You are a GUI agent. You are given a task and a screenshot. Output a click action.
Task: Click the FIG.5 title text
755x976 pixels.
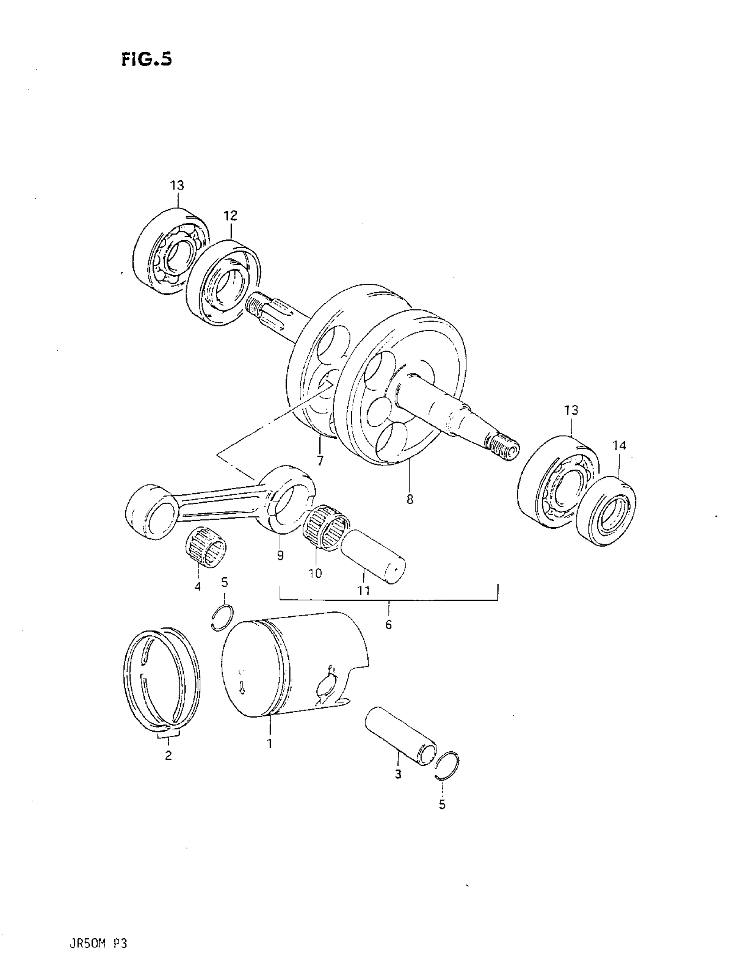pos(146,59)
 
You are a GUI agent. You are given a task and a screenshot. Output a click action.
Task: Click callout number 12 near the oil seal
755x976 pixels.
pos(230,216)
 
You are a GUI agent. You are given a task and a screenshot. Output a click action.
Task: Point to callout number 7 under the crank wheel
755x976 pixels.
pos(320,460)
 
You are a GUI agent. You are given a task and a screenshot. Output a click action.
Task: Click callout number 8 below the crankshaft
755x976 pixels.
pos(410,499)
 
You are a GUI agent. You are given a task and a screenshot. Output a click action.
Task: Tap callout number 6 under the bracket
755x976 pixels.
pos(389,625)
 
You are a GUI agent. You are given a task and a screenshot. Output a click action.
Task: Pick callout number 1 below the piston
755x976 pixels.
pos(270,744)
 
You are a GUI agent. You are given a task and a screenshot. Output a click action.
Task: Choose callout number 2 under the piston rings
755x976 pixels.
pos(168,755)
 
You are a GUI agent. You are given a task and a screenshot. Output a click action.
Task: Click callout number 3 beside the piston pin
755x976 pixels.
pos(398,774)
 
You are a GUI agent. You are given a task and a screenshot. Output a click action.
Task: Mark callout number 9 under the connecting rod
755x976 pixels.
pos(280,555)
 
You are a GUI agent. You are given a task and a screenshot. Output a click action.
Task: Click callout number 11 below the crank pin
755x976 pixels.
pos(363,591)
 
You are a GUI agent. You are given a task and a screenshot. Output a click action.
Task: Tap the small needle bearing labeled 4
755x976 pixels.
pos(205,548)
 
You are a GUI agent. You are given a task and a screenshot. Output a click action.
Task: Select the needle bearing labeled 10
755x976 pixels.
pos(326,527)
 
